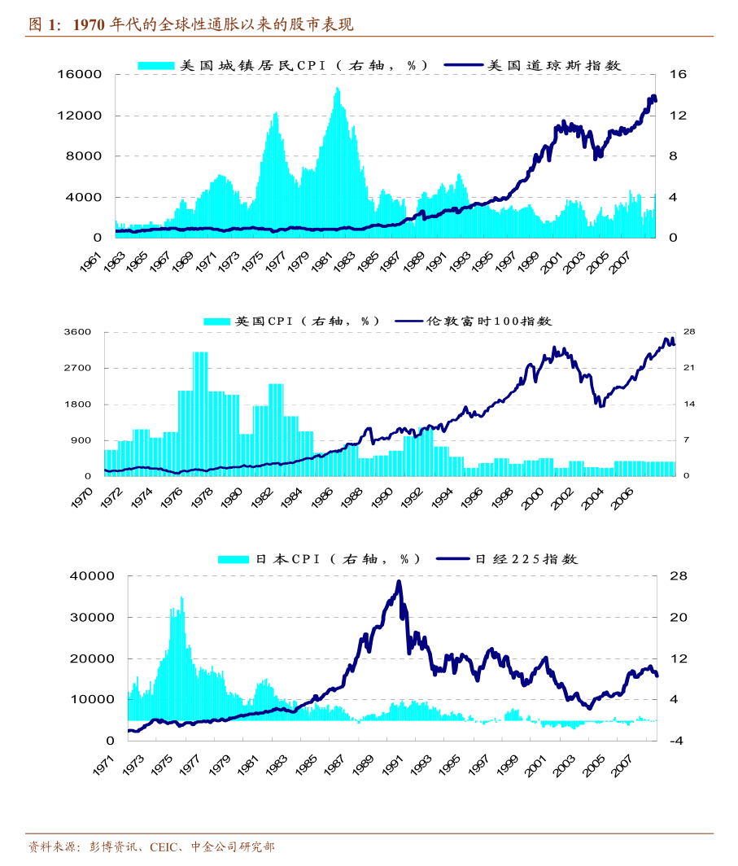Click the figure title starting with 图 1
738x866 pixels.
191,24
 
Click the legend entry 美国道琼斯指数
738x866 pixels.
554,65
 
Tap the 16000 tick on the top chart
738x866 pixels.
80,74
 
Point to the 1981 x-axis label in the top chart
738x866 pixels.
321,262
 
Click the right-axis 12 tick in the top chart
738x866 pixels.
677,116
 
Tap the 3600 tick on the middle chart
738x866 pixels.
78,332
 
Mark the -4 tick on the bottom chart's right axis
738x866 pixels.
677,741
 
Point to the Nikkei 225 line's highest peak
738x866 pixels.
399,581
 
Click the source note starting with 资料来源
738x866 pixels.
151,847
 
